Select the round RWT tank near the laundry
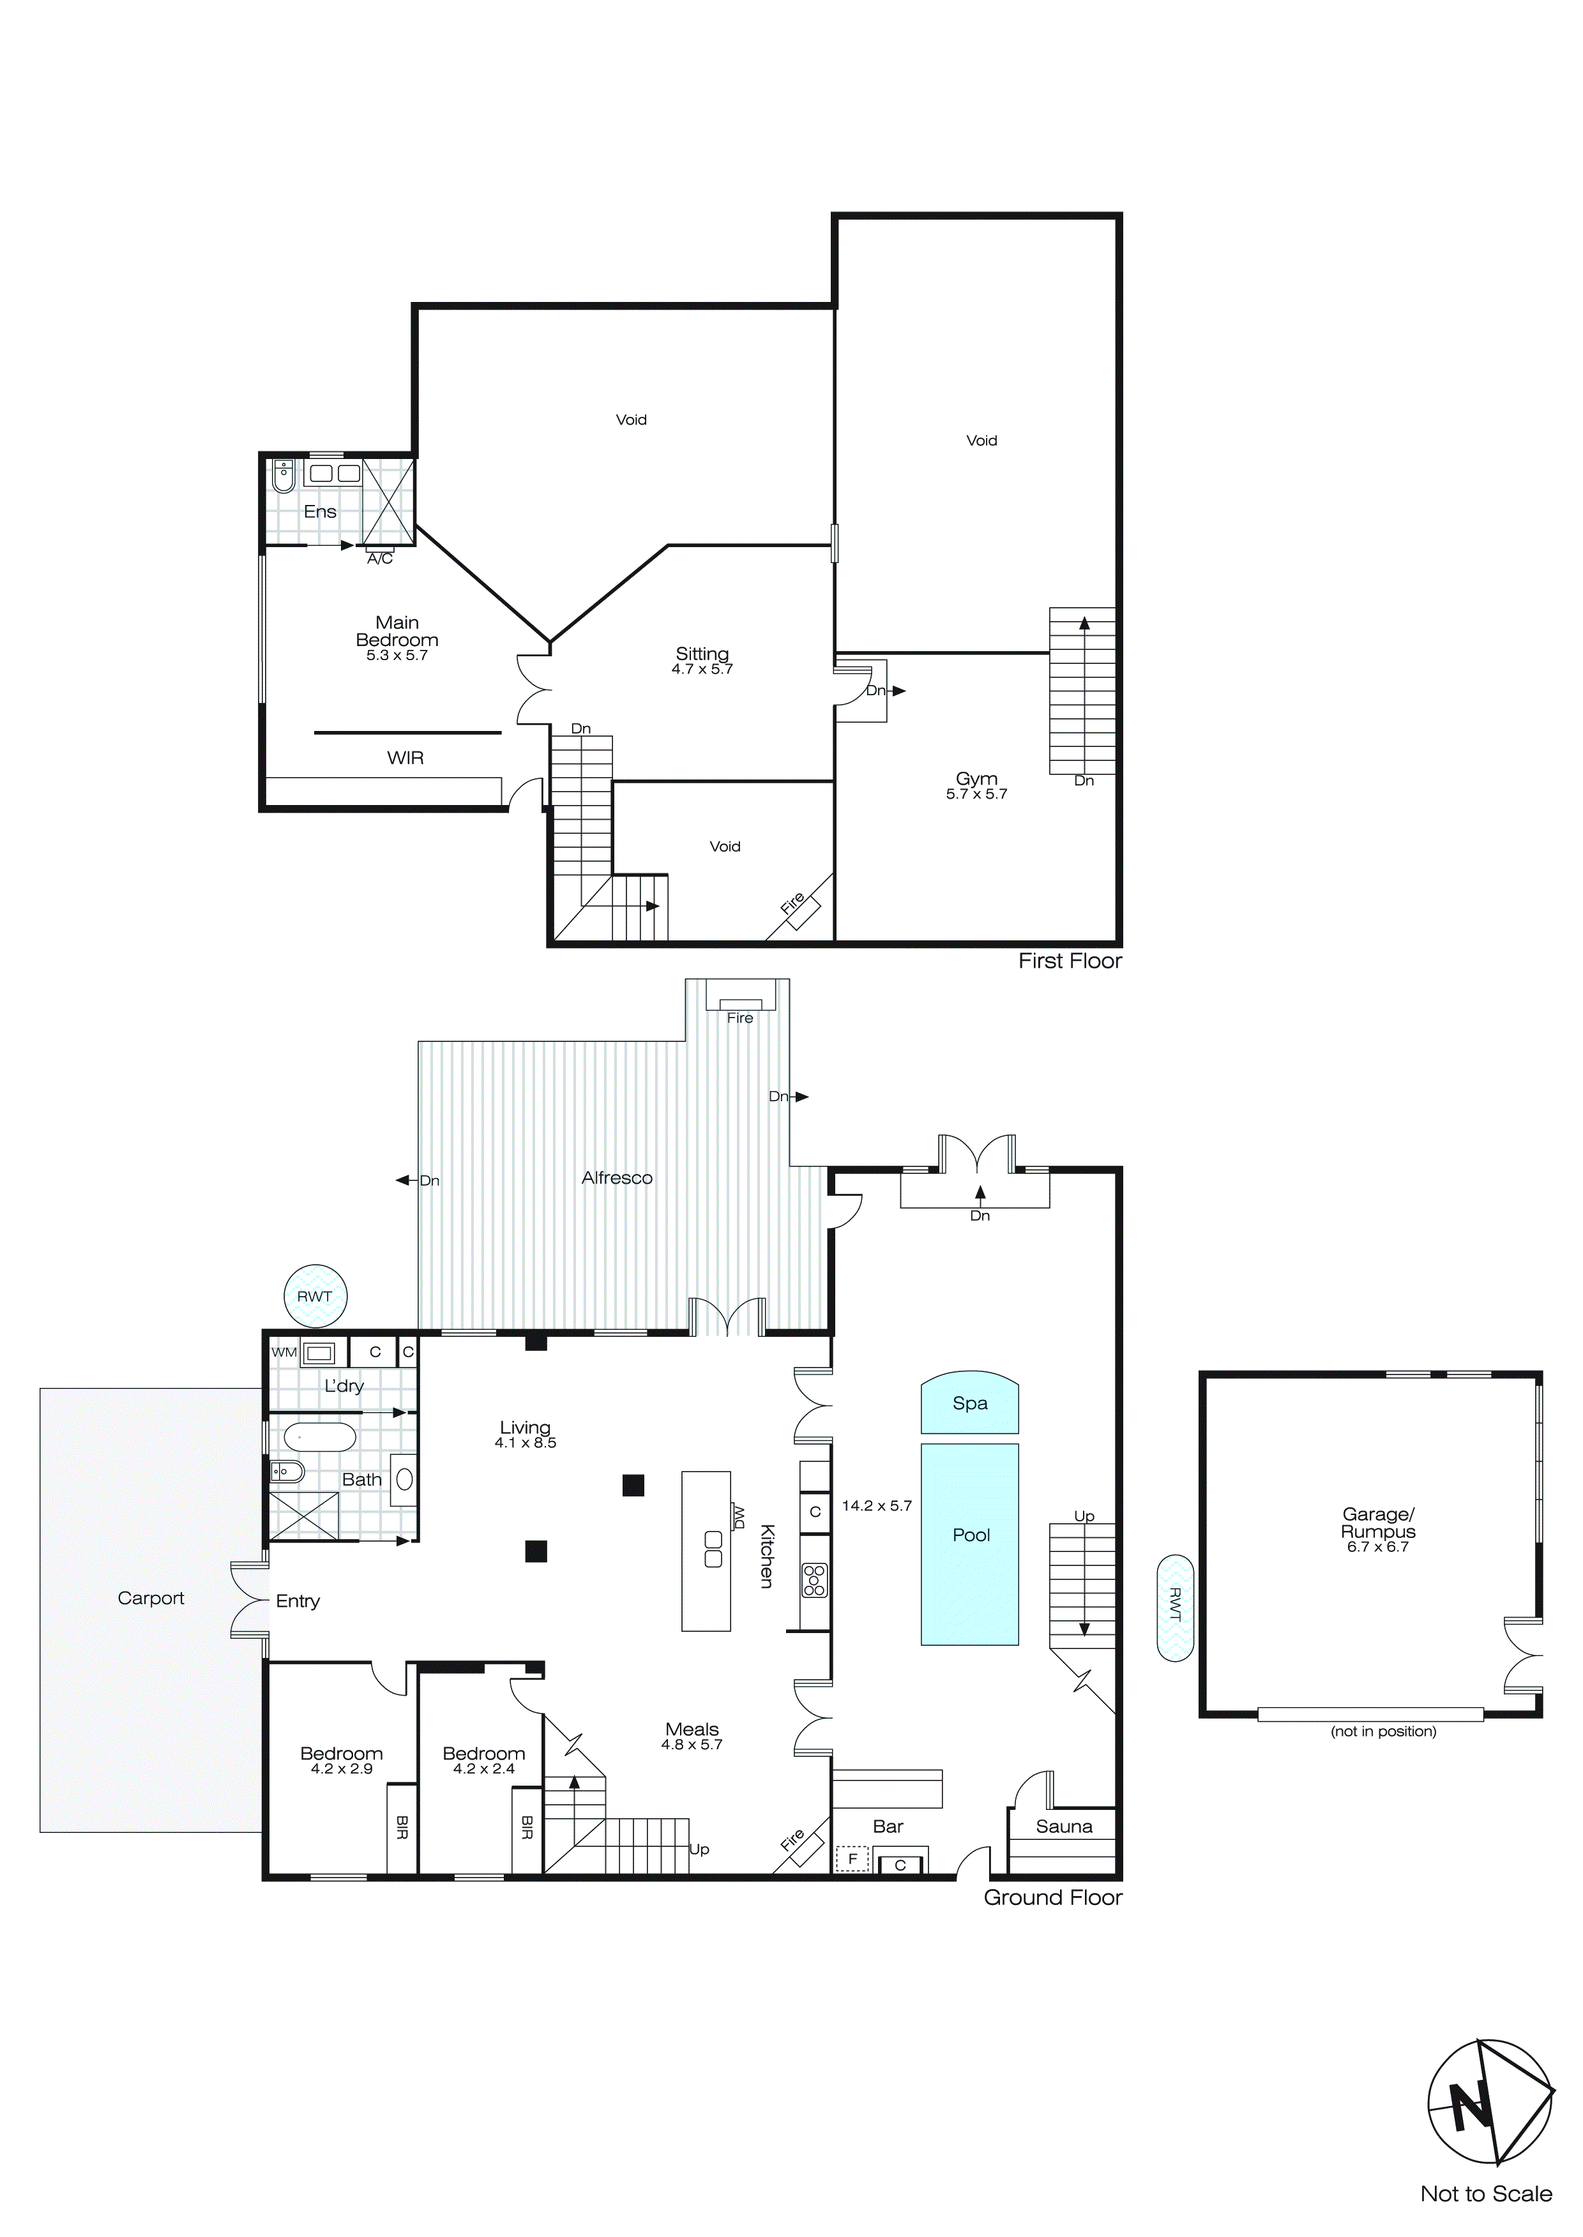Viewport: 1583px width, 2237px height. pos(315,1296)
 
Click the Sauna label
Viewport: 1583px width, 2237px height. pos(1063,1827)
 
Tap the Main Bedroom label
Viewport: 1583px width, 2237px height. pos(397,631)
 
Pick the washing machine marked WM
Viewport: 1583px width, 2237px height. pos(319,1352)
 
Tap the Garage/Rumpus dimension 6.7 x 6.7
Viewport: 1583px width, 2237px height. pos(1377,1547)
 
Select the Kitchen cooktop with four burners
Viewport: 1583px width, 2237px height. pos(814,1579)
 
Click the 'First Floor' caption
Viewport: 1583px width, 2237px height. pos(1070,961)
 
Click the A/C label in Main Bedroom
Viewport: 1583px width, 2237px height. pos(380,558)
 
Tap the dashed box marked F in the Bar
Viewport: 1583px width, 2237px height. pos(852,1859)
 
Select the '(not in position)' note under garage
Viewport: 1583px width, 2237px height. pos(1382,1731)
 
